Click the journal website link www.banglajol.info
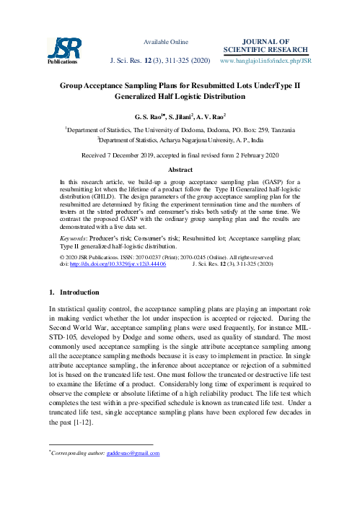click(265, 61)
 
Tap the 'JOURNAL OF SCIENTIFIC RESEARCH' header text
click(266, 45)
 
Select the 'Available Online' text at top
click(167, 42)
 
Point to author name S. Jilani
click(181, 116)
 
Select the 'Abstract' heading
click(180, 168)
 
